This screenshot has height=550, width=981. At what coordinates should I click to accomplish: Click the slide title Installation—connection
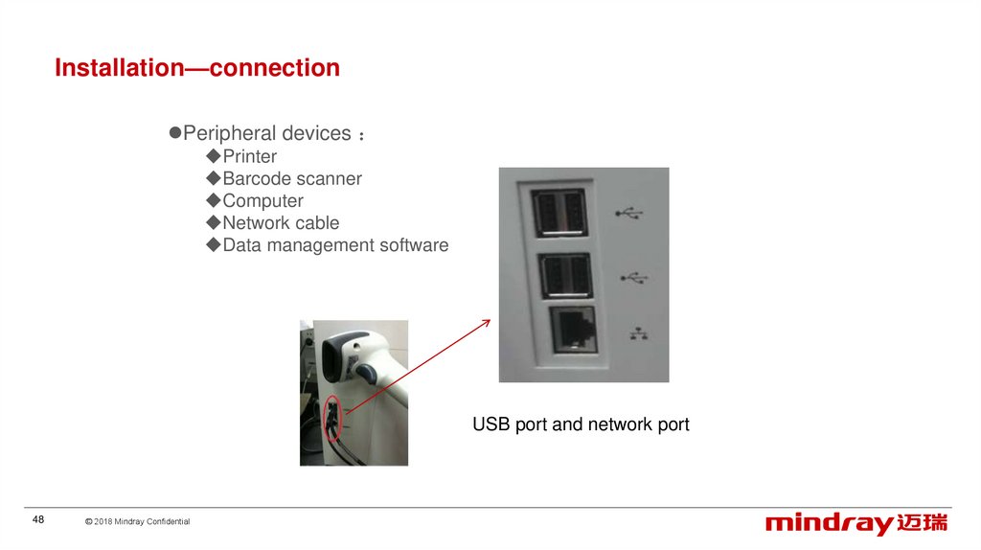[197, 69]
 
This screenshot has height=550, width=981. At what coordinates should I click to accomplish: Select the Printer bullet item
[249, 156]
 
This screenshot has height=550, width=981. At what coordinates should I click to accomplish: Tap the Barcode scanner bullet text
[291, 178]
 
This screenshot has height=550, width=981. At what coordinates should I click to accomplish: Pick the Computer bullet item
[262, 200]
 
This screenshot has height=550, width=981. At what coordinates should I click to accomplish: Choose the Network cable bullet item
[281, 222]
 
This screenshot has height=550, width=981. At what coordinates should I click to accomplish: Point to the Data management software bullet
[335, 244]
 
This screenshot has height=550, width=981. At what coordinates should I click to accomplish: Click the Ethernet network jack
[571, 330]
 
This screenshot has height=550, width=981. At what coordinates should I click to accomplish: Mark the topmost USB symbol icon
[632, 212]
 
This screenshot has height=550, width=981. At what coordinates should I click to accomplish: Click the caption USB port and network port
[581, 424]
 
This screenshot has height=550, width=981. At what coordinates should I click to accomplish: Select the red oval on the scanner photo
[331, 416]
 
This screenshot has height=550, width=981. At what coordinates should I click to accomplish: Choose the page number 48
[38, 519]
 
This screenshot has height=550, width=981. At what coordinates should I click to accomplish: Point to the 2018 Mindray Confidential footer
[137, 521]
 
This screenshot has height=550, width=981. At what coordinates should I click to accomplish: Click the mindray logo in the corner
[856, 523]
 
